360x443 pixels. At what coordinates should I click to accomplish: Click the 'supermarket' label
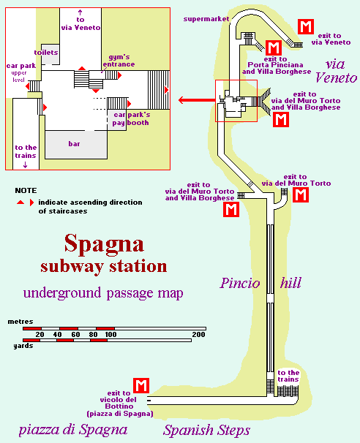click(x=206, y=19)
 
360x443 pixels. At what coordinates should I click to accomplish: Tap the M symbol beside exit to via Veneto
click(x=306, y=26)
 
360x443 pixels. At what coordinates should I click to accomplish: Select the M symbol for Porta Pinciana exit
click(x=274, y=48)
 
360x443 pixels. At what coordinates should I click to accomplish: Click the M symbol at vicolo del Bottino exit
click(x=141, y=385)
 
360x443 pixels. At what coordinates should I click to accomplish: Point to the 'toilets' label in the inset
click(x=46, y=52)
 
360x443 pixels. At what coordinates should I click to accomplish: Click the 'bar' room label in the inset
click(x=74, y=144)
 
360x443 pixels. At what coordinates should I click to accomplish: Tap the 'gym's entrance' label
click(x=119, y=61)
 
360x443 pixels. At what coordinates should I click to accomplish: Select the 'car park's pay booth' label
click(x=131, y=118)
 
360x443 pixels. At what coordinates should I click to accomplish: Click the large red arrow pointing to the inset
click(x=197, y=100)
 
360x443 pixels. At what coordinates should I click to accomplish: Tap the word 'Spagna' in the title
click(x=104, y=244)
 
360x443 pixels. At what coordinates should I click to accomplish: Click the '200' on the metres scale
click(x=198, y=335)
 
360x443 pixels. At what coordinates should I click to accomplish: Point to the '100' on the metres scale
click(x=110, y=335)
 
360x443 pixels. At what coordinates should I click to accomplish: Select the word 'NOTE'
click(x=26, y=190)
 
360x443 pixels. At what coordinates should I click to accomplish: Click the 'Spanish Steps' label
click(x=207, y=431)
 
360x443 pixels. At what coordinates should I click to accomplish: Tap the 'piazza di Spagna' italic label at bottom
click(x=73, y=430)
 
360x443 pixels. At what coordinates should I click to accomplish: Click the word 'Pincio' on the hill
click(x=240, y=283)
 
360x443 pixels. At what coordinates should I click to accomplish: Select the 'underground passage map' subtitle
click(x=103, y=293)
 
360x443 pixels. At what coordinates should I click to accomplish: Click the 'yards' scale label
click(x=23, y=346)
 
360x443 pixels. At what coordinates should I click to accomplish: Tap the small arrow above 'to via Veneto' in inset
click(x=80, y=12)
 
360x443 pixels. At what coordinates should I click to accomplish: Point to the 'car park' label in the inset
click(x=21, y=66)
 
